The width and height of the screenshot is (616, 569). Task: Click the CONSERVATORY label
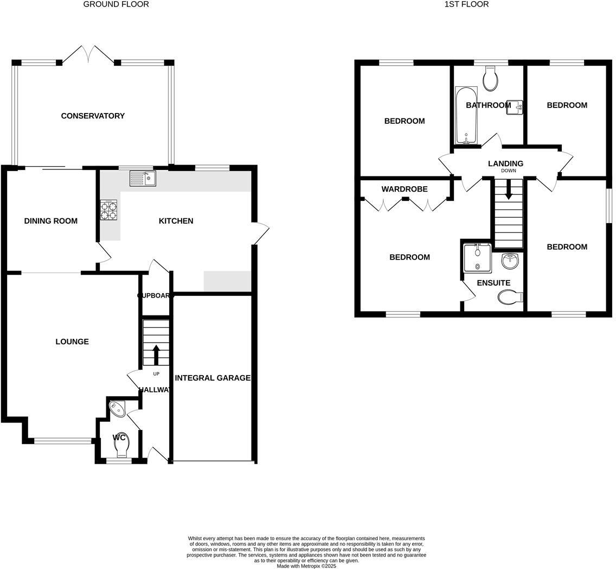pos(93,116)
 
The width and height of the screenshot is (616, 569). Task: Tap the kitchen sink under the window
pos(143,178)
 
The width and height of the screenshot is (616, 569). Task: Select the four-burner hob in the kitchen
pos(108,210)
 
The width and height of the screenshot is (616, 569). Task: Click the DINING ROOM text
pos(51,221)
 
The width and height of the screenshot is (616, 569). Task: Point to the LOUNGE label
pos(72,342)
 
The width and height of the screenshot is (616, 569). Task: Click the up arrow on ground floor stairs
pos(156,355)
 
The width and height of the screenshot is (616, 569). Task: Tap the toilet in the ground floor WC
pos(123,446)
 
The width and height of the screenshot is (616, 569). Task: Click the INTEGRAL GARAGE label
pos(213,378)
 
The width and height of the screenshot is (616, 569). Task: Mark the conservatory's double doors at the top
pos(89,54)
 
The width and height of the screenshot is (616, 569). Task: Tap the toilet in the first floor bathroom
pos(490,80)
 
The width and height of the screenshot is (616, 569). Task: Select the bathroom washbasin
pos(515,107)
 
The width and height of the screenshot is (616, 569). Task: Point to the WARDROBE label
pos(405,189)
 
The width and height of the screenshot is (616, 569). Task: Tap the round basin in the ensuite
pos(510,261)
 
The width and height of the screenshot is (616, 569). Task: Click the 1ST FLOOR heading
pos(466,4)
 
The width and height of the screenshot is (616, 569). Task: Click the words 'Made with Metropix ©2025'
pos(306,566)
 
